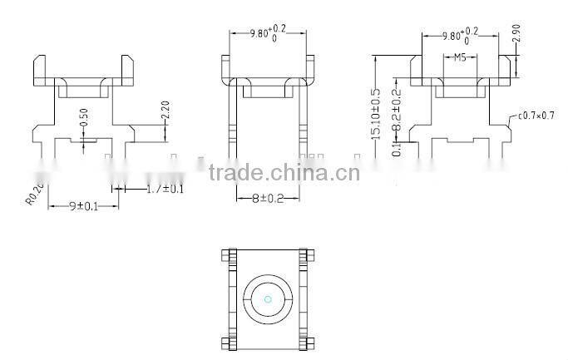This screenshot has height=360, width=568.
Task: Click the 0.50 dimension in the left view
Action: (x=83, y=118)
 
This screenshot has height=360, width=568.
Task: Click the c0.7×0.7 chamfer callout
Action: (x=536, y=116)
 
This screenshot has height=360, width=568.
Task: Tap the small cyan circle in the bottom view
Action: (x=267, y=299)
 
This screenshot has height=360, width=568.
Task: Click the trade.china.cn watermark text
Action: (x=284, y=174)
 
